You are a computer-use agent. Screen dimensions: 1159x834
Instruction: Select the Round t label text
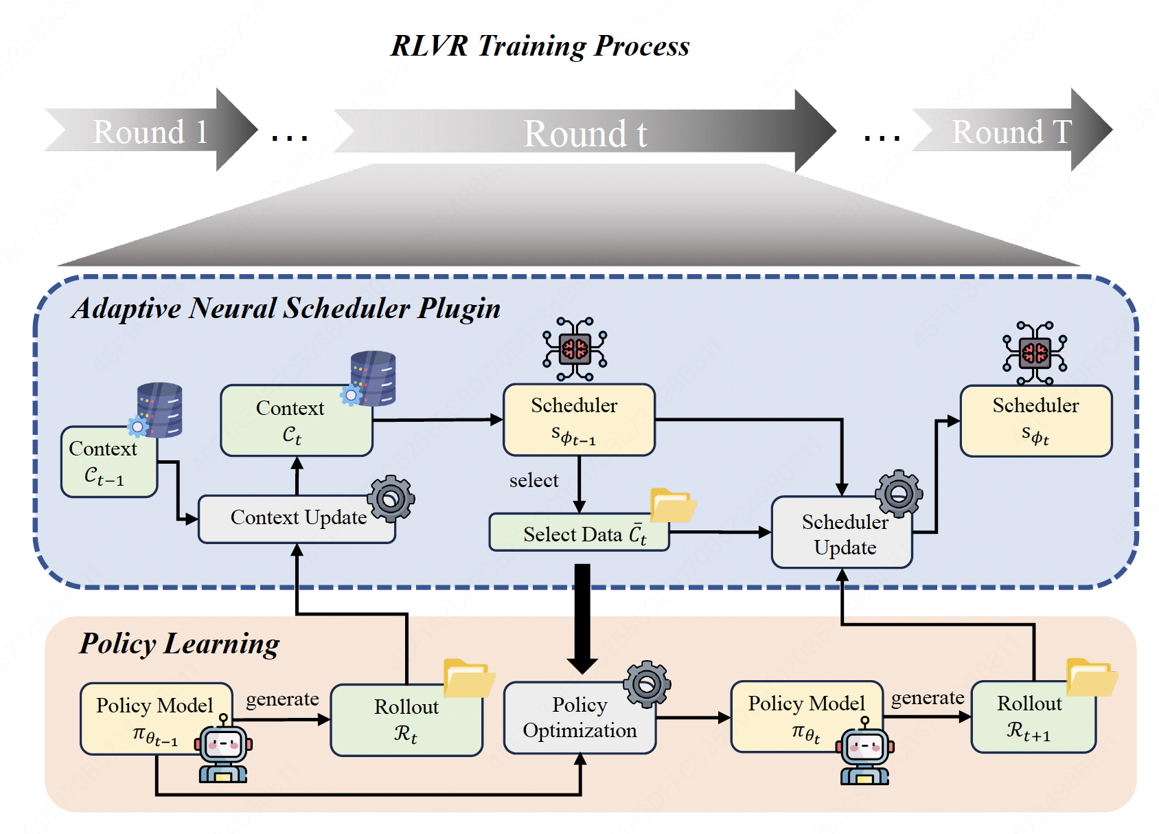(585, 133)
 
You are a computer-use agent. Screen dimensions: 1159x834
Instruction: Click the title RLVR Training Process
(540, 45)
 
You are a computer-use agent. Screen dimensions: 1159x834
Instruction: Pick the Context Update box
(297, 519)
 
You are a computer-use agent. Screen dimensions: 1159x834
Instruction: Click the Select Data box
(579, 532)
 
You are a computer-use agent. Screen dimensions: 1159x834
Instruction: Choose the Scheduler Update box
(842, 532)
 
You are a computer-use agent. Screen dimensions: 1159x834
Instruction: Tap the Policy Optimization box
(580, 717)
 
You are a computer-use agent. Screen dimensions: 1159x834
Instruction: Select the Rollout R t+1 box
(1033, 717)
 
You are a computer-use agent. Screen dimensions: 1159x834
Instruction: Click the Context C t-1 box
(109, 462)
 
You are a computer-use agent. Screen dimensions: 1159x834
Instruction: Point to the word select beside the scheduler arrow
(533, 480)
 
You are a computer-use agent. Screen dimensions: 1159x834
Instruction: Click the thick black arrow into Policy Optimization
(582, 619)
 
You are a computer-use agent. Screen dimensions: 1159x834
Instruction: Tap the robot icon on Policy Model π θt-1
(223, 748)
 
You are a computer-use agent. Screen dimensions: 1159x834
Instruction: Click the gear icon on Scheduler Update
(899, 493)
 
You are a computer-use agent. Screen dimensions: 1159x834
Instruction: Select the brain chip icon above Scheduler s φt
(1035, 353)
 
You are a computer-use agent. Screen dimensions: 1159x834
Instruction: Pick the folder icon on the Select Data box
(673, 505)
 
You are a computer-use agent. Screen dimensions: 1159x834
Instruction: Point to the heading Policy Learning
(179, 644)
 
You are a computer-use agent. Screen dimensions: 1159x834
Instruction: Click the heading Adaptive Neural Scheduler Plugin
(286, 308)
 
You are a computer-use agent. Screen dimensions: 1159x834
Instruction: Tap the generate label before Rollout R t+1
(927, 699)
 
